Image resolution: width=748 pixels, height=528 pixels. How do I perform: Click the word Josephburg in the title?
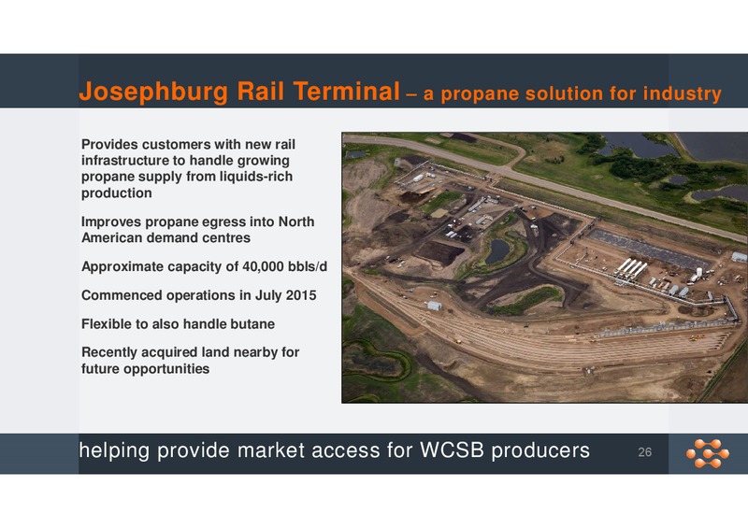[153, 92]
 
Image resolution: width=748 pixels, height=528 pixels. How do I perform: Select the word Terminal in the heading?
[346, 91]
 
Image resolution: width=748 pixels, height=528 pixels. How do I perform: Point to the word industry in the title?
[683, 93]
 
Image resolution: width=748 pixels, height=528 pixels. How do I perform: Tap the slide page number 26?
[645, 452]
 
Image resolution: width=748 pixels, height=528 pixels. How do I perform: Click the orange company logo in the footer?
[708, 453]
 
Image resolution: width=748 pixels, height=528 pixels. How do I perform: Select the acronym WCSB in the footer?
[452, 450]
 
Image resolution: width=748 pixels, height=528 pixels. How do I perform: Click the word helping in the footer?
[114, 451]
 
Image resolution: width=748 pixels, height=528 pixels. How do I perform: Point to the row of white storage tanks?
[630, 268]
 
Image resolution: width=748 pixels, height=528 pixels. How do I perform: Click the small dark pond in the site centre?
[497, 250]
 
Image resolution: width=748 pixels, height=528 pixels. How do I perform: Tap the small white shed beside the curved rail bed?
[434, 306]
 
